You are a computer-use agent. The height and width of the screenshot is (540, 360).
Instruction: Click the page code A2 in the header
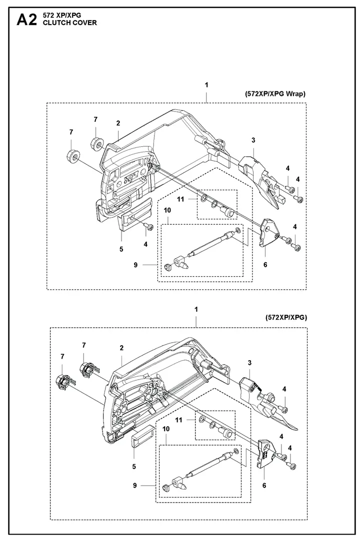[x=26, y=19]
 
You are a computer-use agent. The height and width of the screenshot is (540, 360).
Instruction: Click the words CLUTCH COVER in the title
[x=69, y=23]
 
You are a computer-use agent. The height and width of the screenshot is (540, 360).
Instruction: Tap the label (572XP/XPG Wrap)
[x=275, y=94]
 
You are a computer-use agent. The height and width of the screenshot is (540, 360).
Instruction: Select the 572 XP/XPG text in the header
[x=62, y=15]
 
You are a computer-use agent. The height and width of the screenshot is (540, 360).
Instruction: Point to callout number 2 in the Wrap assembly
[x=118, y=123]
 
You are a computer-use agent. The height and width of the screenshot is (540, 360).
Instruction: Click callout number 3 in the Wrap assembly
[x=253, y=140]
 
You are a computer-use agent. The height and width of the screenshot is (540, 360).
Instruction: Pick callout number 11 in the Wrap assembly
[x=180, y=199]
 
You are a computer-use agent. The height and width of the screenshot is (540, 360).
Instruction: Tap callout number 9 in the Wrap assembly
[x=135, y=264]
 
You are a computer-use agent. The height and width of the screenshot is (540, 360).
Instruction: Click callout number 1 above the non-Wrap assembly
[x=196, y=309]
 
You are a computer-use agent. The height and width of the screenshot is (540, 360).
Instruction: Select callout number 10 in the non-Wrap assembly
[x=166, y=429]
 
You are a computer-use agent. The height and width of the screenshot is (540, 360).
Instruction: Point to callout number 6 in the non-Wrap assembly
[x=264, y=486]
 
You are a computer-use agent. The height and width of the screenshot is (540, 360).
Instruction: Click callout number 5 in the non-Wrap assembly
[x=134, y=467]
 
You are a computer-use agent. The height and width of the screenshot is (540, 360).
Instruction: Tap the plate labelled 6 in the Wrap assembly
[x=268, y=233]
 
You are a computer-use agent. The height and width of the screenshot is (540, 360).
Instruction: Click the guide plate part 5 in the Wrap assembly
[x=135, y=215]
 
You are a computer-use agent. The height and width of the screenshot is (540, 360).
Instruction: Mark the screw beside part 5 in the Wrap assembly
[x=149, y=227]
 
